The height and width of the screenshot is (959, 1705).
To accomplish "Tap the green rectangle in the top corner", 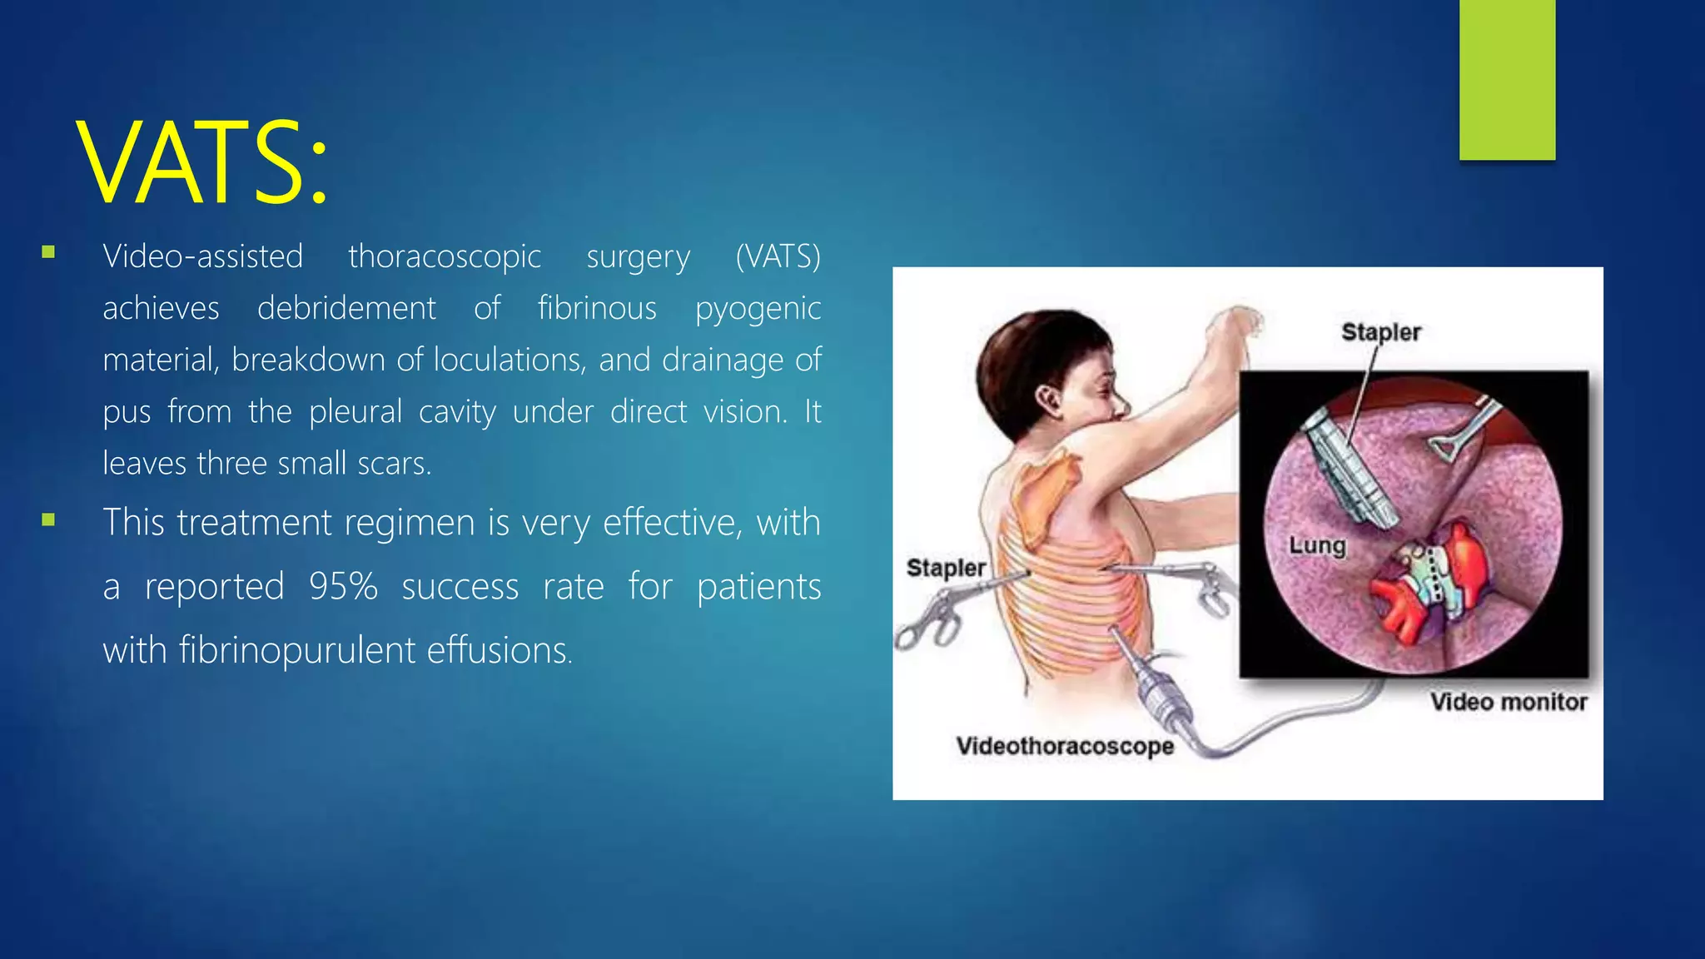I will (1507, 79).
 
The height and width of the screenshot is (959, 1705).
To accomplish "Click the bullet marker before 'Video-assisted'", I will (48, 252).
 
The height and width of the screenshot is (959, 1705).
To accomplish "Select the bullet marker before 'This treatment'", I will (48, 520).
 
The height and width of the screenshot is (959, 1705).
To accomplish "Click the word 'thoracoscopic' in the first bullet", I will (445, 256).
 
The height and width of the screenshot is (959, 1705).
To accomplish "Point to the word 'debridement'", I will (346, 308).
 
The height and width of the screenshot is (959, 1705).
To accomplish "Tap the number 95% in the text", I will (343, 586).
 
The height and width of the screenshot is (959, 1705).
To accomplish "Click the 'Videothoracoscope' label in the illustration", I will (1065, 746).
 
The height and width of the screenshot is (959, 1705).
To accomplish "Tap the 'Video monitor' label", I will (1509, 702).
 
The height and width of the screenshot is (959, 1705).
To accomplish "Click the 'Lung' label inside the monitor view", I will (1317, 546).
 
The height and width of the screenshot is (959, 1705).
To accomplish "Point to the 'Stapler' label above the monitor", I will (1380, 332).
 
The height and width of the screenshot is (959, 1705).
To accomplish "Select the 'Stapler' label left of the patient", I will (946, 568).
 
